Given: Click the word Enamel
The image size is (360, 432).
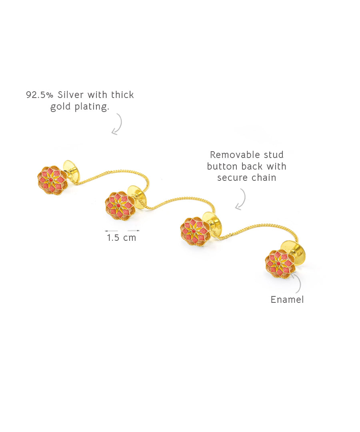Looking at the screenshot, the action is (x=287, y=300).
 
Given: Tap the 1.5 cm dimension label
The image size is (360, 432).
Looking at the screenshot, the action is (x=122, y=238).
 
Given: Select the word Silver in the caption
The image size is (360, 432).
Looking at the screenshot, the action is (x=70, y=95).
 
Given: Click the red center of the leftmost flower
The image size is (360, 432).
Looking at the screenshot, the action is (x=51, y=180).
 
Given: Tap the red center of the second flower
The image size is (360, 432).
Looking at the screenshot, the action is (x=118, y=206).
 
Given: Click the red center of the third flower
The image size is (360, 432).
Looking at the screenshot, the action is (x=194, y=231).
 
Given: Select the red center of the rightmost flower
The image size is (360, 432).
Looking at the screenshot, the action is (x=278, y=263).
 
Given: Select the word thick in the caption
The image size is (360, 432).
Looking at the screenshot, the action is (x=122, y=95).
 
